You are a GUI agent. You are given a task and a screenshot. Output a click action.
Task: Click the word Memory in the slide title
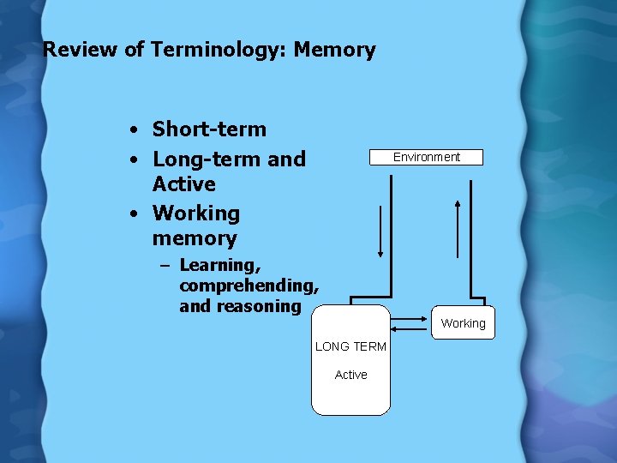click(334, 50)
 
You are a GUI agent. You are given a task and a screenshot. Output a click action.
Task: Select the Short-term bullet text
click(209, 129)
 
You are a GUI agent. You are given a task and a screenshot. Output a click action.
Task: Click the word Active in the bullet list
click(183, 183)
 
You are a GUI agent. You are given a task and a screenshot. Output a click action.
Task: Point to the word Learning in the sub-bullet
click(219, 265)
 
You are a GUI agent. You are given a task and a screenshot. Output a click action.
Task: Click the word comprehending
click(249, 286)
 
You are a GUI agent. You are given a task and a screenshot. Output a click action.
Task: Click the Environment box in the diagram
click(426, 157)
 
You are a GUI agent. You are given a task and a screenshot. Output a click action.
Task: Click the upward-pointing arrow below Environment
click(458, 227)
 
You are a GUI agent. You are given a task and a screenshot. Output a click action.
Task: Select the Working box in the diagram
click(463, 323)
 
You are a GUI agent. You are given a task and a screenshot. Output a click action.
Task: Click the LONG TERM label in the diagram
click(350, 346)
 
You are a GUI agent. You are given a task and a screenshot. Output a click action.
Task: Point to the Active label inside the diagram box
click(350, 375)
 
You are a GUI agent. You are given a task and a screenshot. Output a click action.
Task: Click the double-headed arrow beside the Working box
click(410, 323)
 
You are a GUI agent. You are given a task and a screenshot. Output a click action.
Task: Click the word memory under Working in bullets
click(195, 238)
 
